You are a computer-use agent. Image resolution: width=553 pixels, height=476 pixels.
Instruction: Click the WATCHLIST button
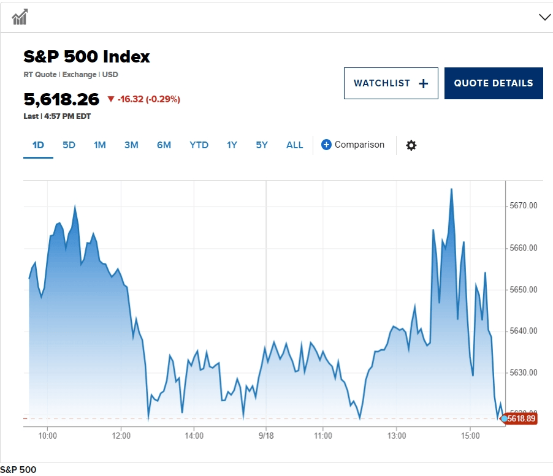(x=391, y=83)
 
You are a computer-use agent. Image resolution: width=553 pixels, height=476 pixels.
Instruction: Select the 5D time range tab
(x=69, y=145)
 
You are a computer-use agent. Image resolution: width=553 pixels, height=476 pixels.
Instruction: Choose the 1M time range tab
(x=100, y=145)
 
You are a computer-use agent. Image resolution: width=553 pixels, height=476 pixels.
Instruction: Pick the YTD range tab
(x=199, y=145)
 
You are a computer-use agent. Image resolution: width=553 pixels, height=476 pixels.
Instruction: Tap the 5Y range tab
(x=262, y=145)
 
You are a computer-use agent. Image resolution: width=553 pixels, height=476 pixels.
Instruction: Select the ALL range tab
(x=294, y=145)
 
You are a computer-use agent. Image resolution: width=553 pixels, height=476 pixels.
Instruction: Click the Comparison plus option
(x=353, y=145)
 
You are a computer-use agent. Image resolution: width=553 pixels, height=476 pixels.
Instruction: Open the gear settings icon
(x=411, y=145)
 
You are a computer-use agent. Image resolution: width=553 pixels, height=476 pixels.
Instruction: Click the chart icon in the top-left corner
(x=20, y=17)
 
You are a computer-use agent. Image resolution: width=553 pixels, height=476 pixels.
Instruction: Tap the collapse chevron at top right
(x=544, y=17)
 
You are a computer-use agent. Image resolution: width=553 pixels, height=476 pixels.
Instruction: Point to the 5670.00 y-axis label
(x=524, y=206)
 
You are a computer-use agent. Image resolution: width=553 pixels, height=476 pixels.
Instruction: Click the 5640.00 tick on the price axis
(x=524, y=331)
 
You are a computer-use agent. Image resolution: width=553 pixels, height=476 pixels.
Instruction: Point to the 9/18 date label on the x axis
(x=266, y=436)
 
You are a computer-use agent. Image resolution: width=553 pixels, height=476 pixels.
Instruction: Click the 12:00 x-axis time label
(x=121, y=436)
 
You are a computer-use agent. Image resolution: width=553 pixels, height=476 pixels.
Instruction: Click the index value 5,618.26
(x=61, y=99)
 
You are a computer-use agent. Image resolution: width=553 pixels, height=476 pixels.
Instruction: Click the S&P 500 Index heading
(x=86, y=57)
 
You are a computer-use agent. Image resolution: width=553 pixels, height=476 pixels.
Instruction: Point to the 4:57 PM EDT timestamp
(x=67, y=116)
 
